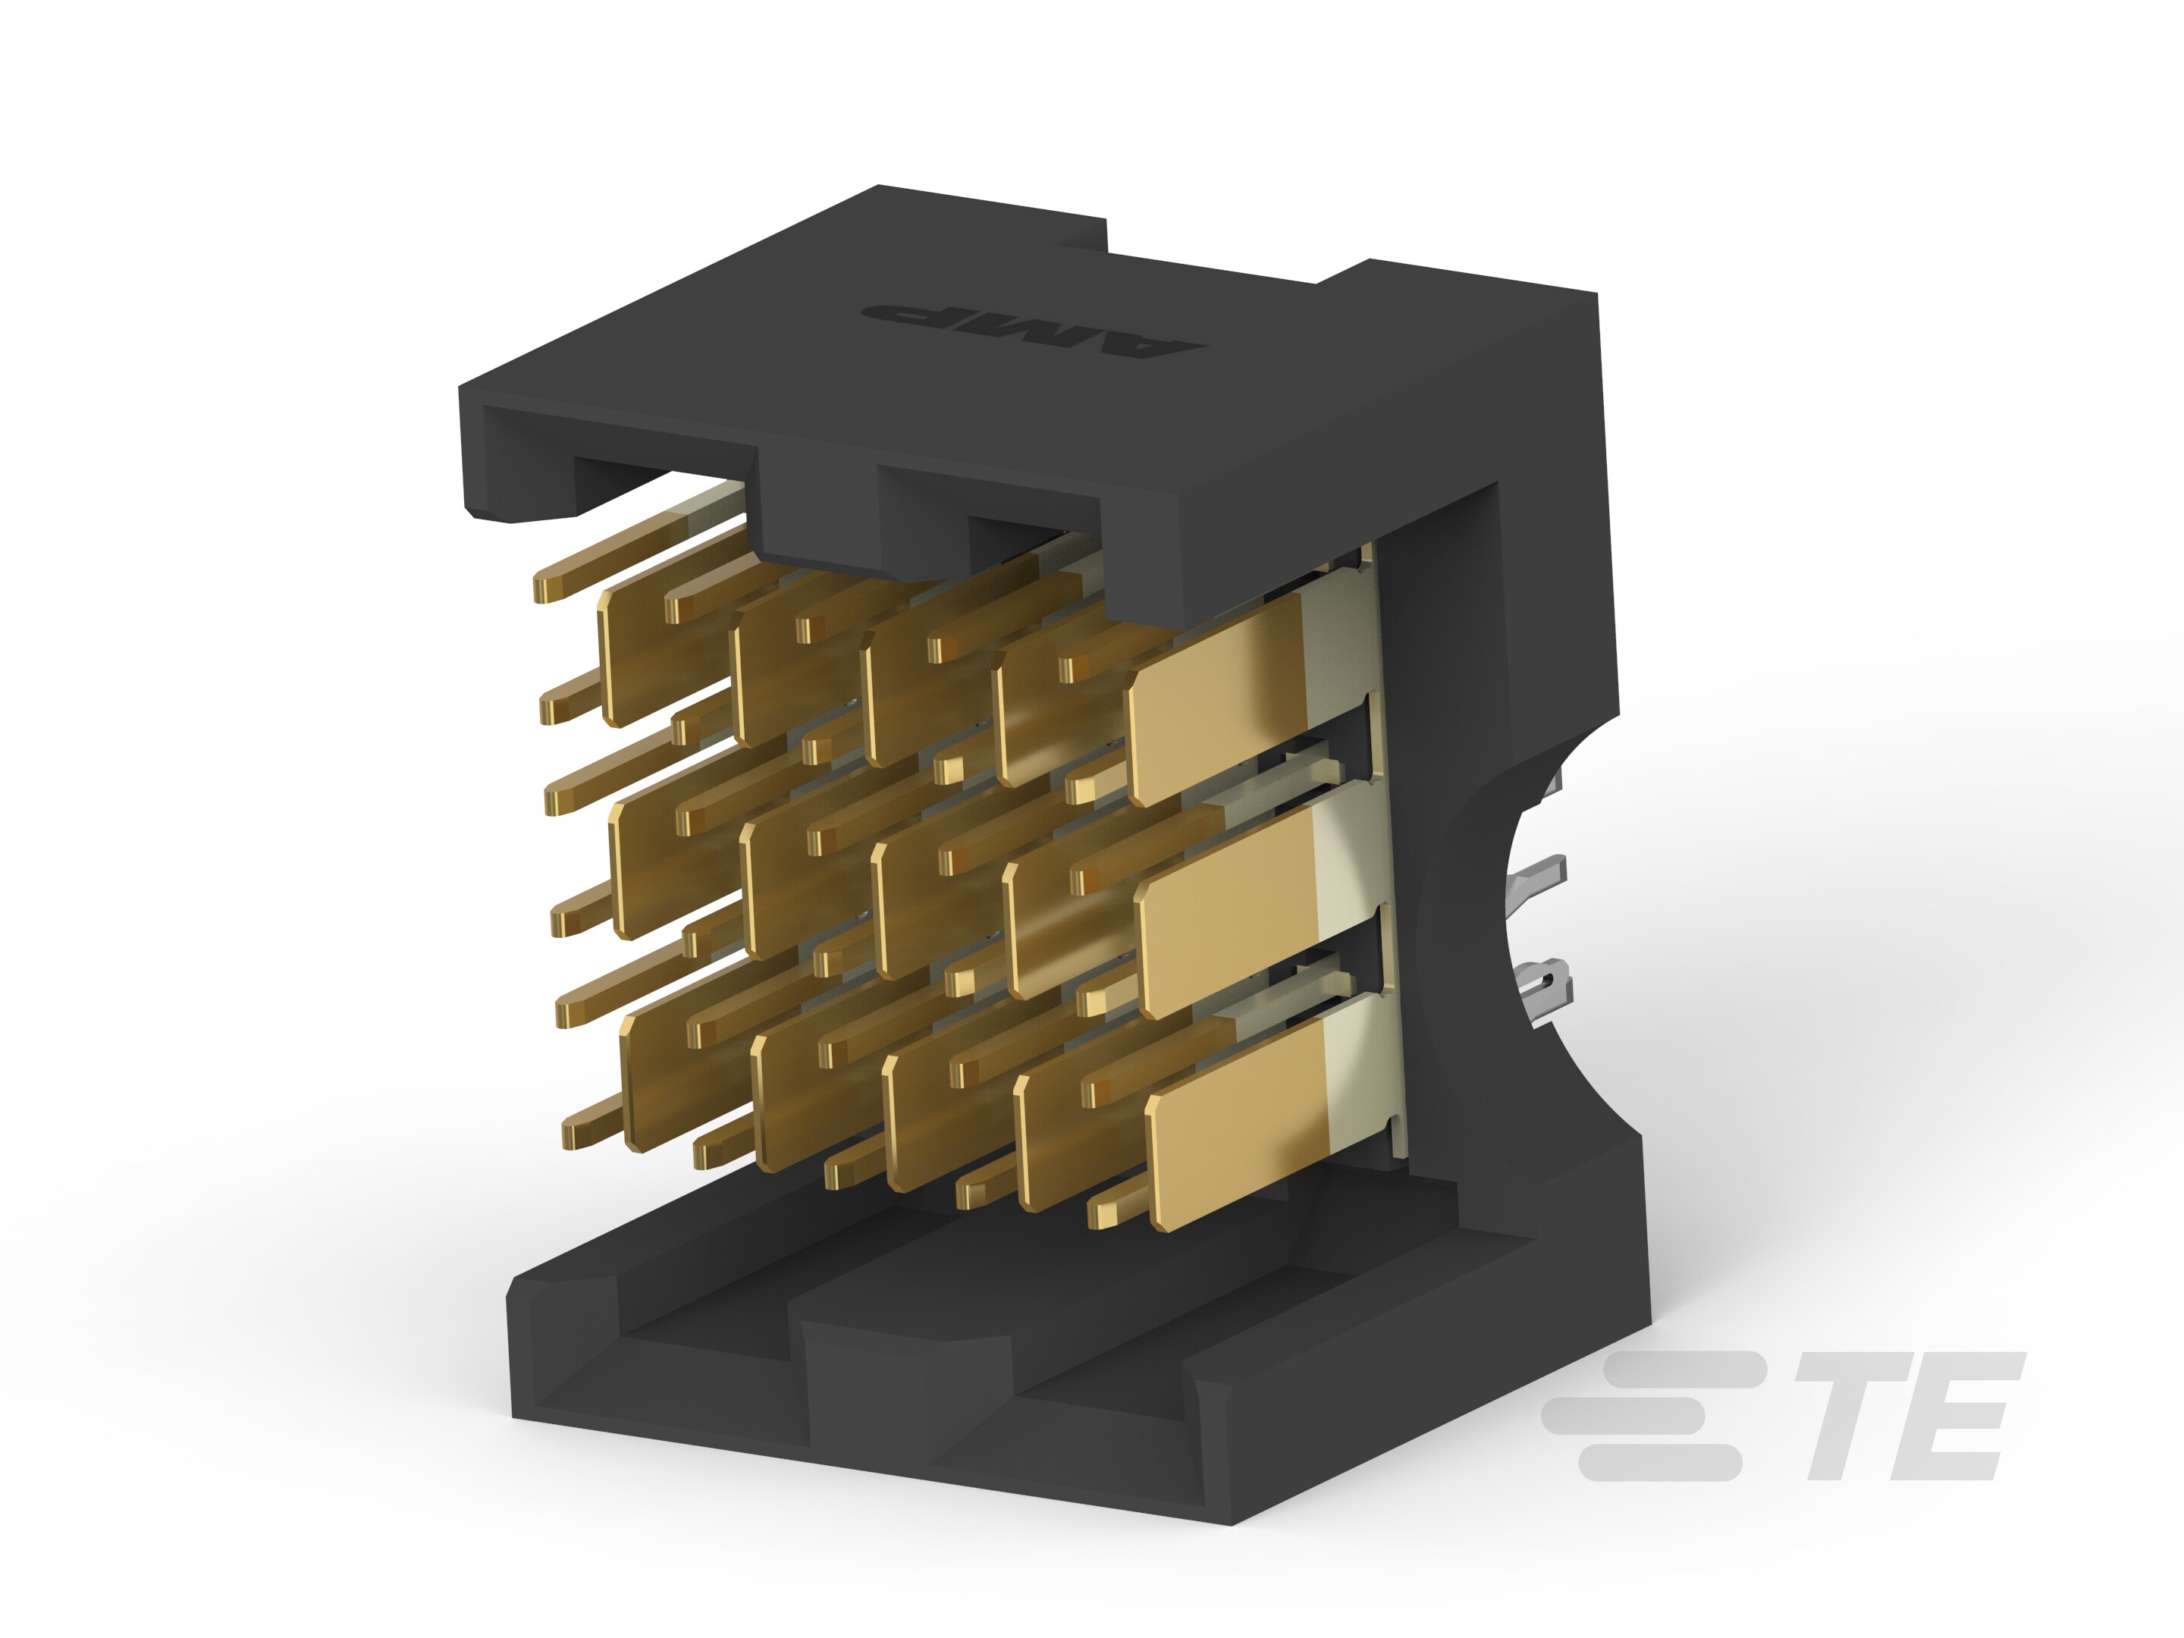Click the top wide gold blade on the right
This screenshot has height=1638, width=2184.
coord(1224,705)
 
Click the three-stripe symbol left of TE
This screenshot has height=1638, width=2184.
coord(1658,1416)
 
